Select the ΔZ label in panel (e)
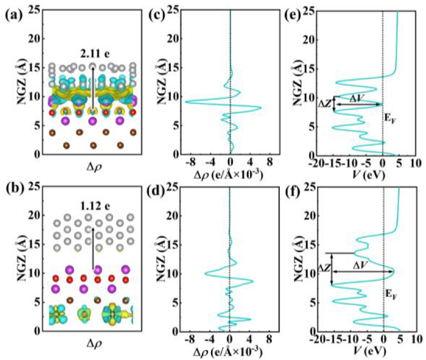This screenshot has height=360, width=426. point(326,104)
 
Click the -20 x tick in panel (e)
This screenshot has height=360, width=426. point(315,164)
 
